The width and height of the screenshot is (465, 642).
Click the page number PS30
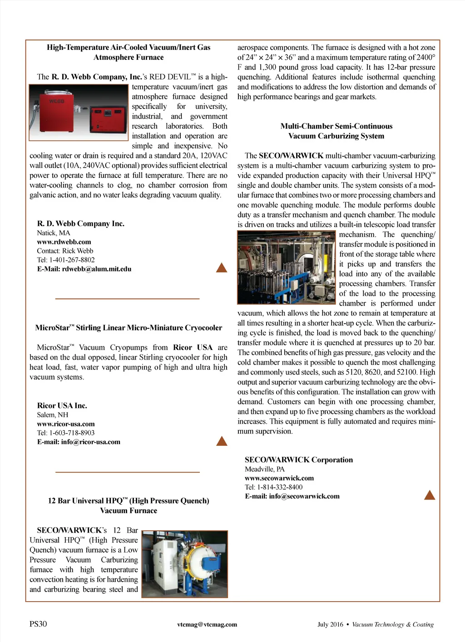(x=38, y=624)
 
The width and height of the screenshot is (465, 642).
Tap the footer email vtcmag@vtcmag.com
(x=207, y=624)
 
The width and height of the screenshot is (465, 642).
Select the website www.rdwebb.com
(x=64, y=242)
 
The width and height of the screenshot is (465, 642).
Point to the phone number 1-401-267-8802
(x=72, y=260)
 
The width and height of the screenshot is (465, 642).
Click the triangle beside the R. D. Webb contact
(x=222, y=268)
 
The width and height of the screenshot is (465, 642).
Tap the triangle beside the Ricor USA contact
(x=222, y=441)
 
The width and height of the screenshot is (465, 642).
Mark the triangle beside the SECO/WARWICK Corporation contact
(x=430, y=495)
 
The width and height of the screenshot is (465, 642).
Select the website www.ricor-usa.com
(x=66, y=424)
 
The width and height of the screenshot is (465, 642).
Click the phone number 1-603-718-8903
(x=72, y=433)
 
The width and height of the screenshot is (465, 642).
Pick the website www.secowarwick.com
(x=279, y=478)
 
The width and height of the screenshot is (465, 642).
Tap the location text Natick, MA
(x=54, y=233)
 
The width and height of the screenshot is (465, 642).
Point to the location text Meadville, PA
(x=265, y=469)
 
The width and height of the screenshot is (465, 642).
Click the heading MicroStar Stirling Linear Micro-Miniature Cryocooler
(x=129, y=328)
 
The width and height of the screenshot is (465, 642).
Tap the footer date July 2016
(x=330, y=624)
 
